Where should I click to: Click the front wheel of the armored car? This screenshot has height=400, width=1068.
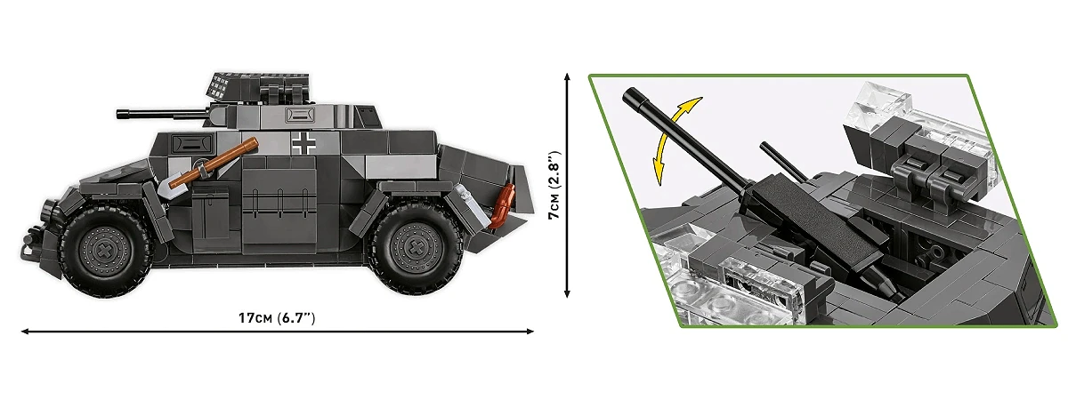(x=104, y=249)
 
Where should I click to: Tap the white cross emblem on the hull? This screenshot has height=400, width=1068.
(x=303, y=143)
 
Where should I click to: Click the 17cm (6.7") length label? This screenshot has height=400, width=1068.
(x=277, y=318)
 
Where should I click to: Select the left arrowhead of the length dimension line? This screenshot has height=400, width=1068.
(x=24, y=332)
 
